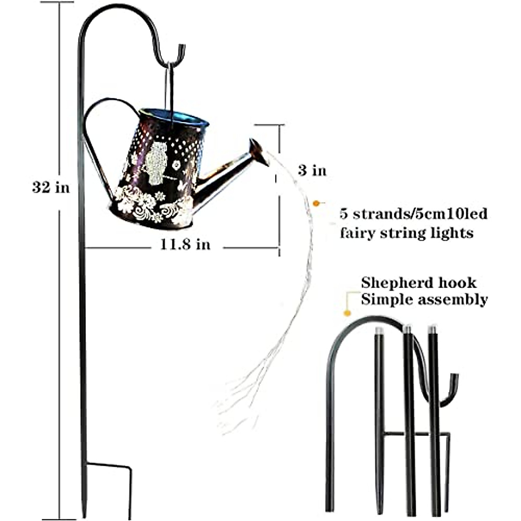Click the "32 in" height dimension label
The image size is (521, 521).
pyautogui.click(x=50, y=188)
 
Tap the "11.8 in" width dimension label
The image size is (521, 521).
pyautogui.click(x=185, y=244)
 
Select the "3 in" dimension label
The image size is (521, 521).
pyautogui.click(x=312, y=170)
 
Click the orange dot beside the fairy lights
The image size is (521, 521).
pyautogui.click(x=317, y=202)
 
